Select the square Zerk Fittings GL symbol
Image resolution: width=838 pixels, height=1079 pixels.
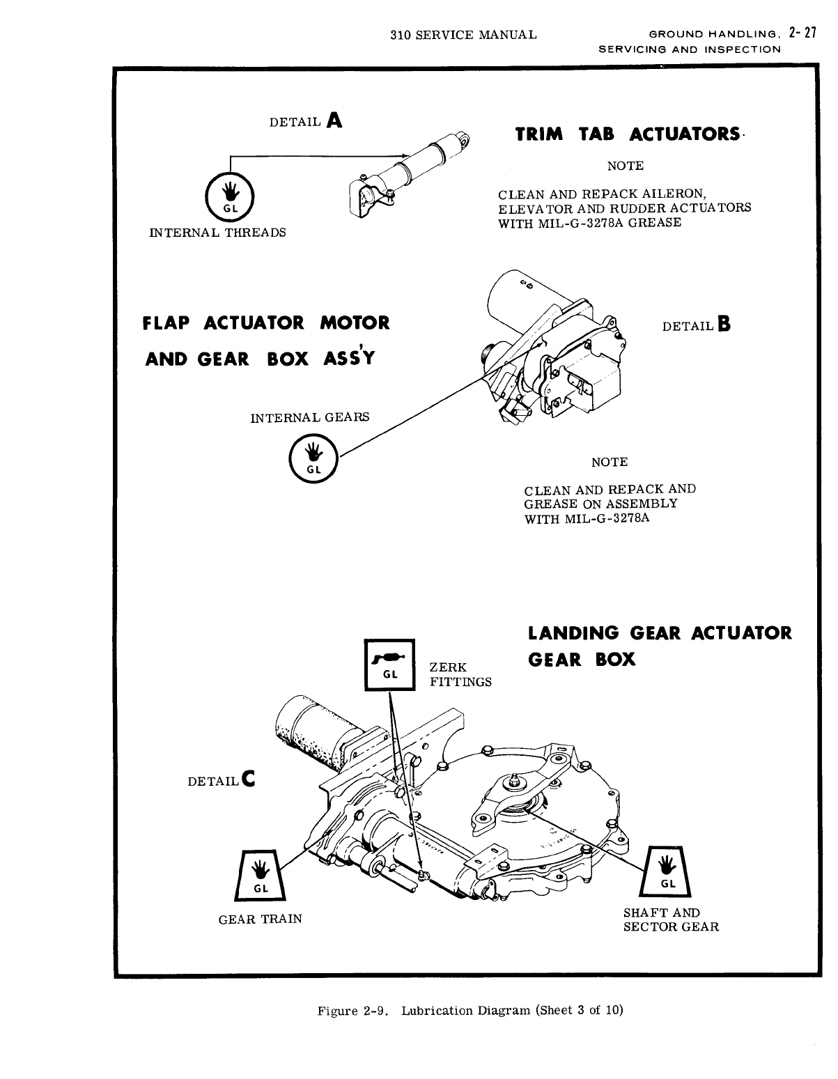(x=390, y=665)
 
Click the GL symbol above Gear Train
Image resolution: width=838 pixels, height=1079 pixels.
(x=259, y=874)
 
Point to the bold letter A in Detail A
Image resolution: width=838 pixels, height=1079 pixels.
(x=334, y=121)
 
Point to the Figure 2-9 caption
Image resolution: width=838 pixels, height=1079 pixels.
(x=470, y=1010)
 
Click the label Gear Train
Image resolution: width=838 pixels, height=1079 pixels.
(x=261, y=919)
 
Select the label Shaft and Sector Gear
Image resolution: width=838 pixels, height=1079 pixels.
(x=670, y=919)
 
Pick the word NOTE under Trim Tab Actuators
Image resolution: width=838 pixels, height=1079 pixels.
(x=626, y=166)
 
